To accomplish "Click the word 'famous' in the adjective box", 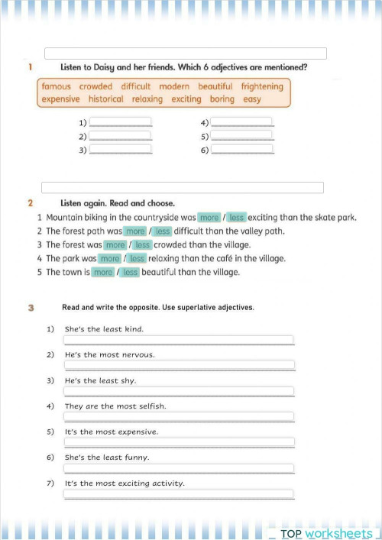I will pos(57,87).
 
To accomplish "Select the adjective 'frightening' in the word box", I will pos(262,87).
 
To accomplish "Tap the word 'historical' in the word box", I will pos(105,99).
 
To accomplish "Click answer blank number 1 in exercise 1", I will pos(121,122).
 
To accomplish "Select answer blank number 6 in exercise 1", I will pos(241,150).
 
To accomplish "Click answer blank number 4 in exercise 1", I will pos(241,122).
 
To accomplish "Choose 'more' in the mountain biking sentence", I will pos(209,218).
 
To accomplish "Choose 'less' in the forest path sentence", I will pos(163,231).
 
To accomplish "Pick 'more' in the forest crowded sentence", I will pos(115,245).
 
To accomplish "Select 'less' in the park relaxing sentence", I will pos(138,259).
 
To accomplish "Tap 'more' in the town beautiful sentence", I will pos(103,273).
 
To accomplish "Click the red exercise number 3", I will pos(31,308).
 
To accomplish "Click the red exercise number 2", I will pos(30,203).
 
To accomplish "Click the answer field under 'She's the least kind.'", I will pos(179,340).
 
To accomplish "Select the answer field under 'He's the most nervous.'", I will pos(179,365).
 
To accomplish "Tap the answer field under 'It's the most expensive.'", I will pos(179,442).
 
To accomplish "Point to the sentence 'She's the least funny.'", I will pos(107,458).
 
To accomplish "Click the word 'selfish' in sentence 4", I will pos(151,406).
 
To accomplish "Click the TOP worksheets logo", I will pos(326,533).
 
